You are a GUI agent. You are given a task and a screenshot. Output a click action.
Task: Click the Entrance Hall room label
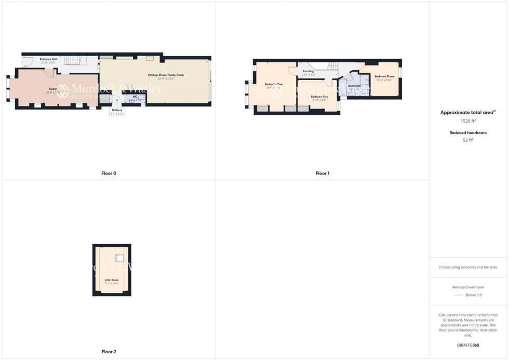tap(48, 59)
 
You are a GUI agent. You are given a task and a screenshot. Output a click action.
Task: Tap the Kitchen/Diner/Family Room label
tap(166, 75)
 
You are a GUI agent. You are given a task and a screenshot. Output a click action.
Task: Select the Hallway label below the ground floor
tap(117, 110)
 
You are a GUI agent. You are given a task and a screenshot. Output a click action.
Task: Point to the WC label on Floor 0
tap(135, 96)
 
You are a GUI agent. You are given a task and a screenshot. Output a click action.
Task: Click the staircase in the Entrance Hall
tap(74, 63)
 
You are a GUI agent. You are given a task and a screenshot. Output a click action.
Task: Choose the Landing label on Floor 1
tap(309, 71)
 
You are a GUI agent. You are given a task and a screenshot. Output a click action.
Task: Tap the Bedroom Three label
tap(384, 76)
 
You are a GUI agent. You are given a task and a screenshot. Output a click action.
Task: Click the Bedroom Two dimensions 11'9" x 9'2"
tap(319, 100)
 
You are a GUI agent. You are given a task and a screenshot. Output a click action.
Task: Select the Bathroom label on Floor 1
tap(354, 86)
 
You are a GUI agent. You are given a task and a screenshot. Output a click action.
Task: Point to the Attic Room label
tap(112, 280)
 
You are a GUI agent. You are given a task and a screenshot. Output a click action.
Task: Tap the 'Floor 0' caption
tap(109, 173)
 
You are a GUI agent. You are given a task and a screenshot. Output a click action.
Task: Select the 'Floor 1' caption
tap(322, 173)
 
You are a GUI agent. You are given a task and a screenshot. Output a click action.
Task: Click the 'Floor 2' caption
tap(109, 352)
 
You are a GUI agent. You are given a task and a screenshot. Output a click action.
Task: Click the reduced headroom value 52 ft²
tap(468, 140)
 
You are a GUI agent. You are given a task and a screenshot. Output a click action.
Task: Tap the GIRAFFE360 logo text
tap(468, 345)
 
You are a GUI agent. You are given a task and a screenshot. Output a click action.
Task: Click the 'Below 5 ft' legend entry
tap(474, 295)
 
